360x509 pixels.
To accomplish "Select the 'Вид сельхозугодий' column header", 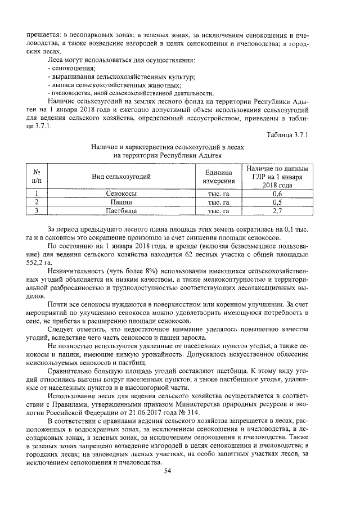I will pos(121,177).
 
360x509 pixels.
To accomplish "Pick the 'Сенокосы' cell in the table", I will pos(121,193).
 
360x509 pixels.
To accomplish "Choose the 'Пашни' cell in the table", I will pos(121,202).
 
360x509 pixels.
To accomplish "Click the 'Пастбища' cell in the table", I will pos(121,211).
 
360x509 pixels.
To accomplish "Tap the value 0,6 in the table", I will pos(276,193).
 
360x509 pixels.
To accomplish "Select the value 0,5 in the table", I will pos(276,202).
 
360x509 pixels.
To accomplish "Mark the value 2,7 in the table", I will pos(276,211).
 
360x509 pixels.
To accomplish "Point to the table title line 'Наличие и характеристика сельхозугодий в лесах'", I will pos(168,146).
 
